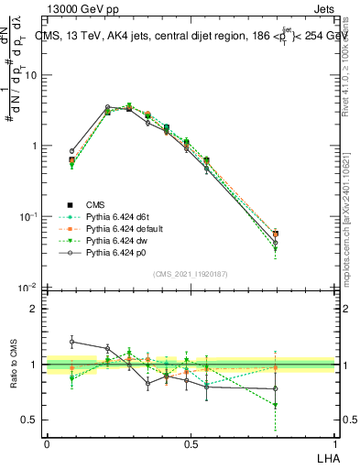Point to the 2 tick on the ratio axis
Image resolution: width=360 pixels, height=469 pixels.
34,309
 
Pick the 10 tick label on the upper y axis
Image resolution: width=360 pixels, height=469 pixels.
30,75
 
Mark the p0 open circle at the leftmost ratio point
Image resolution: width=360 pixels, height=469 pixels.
72,342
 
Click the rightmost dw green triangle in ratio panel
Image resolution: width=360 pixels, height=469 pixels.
275,405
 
